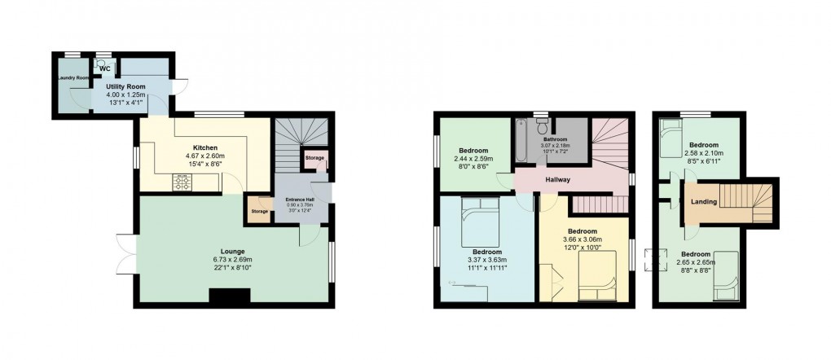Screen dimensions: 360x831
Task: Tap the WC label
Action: coord(105,68)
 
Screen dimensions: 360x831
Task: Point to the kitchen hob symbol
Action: coord(181,182)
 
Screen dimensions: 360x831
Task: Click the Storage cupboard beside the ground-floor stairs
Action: coord(314,157)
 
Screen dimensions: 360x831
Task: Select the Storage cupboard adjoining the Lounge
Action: coord(260,211)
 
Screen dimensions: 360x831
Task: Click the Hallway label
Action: coord(558,180)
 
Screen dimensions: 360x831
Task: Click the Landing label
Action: coord(704,202)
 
